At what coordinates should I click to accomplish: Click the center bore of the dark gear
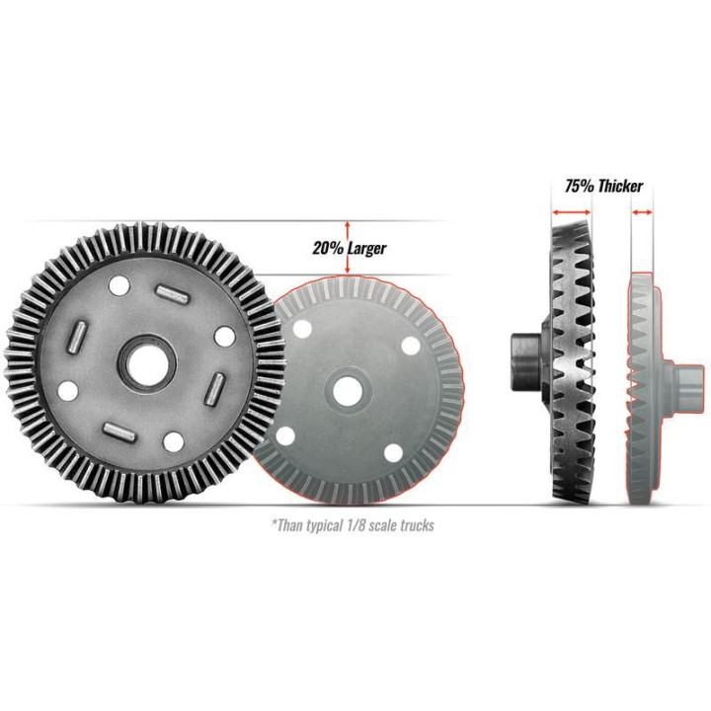[x=147, y=362]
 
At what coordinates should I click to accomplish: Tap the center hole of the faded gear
[x=348, y=391]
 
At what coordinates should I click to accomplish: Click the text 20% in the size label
[x=327, y=248]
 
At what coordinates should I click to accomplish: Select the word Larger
[x=367, y=249]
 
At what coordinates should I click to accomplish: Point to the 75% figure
[x=579, y=186]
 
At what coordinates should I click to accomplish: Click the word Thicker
[x=620, y=186]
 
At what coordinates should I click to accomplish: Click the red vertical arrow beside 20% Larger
[x=348, y=248]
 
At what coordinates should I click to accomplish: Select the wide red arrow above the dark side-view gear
[x=572, y=211]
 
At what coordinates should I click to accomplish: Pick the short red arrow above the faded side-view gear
[x=643, y=211]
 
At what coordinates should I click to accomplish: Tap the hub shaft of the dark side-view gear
[x=526, y=361]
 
